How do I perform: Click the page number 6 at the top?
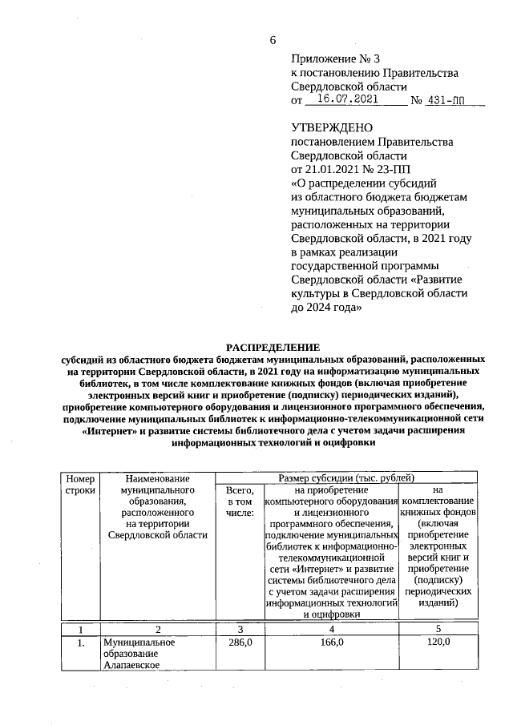273,40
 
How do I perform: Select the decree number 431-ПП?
446,102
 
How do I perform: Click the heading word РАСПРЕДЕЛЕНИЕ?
273,347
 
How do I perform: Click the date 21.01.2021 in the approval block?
335,169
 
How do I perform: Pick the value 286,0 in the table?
240,642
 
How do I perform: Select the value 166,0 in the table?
331,642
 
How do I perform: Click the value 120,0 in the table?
437,642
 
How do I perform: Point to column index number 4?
331,629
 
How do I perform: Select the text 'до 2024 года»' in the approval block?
327,306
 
